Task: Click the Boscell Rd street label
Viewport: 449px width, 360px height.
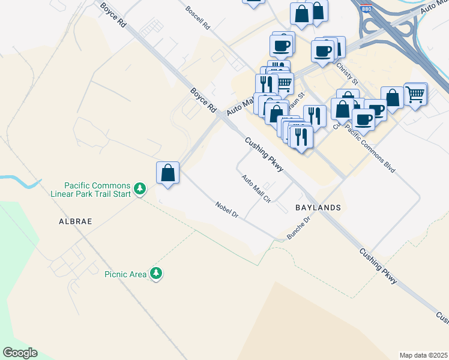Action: (x=197, y=19)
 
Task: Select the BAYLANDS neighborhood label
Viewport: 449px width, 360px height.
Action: (x=318, y=208)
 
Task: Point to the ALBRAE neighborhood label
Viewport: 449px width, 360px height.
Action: (x=75, y=221)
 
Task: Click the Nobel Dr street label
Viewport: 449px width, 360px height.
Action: (x=227, y=210)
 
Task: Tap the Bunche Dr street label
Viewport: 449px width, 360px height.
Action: (x=298, y=229)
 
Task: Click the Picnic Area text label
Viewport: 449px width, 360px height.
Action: (x=125, y=274)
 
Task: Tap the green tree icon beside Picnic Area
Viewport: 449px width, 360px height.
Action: (x=156, y=274)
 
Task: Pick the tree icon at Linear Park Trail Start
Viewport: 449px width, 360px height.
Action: (x=140, y=189)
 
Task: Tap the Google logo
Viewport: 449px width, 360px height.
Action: (x=20, y=353)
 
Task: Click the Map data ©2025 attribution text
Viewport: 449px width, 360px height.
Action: (x=423, y=355)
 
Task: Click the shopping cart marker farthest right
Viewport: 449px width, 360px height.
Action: (x=415, y=94)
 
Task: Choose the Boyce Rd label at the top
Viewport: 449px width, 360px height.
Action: (x=114, y=14)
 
